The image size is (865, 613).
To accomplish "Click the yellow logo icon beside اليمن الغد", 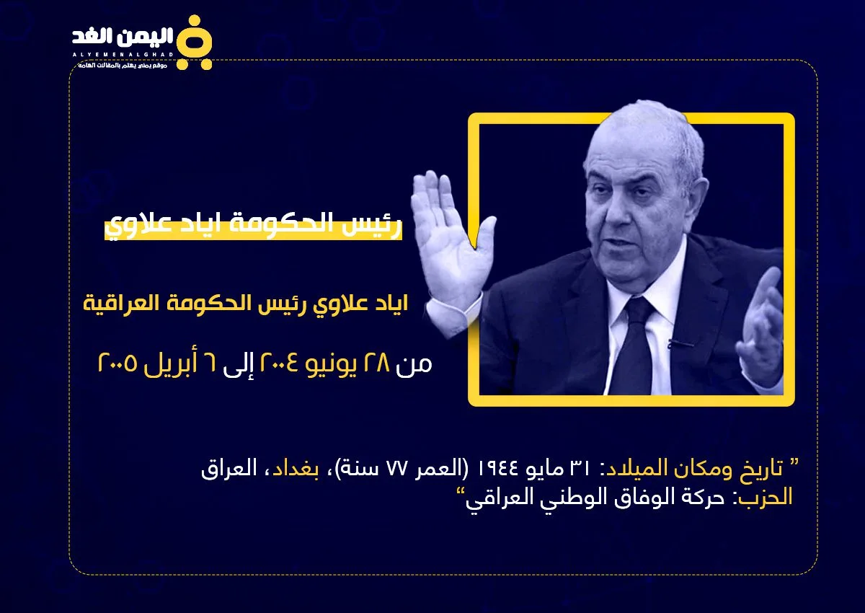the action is [195, 43].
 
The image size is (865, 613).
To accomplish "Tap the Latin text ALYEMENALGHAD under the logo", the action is [123, 55].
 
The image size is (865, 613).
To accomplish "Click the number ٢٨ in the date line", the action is [377, 363].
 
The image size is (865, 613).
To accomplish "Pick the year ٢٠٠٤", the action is [279, 363].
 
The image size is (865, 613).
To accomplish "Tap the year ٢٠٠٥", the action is [117, 363].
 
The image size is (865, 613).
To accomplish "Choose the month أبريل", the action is [171, 365].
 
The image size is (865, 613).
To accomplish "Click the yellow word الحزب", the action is [765, 497].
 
